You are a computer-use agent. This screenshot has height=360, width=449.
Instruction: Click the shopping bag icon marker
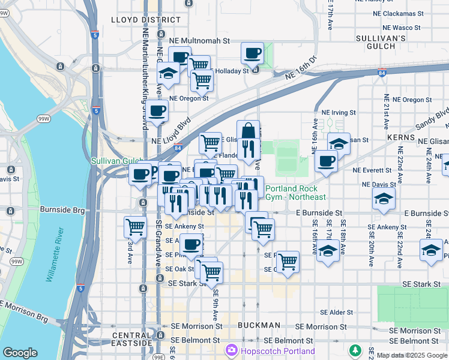coord(249,131)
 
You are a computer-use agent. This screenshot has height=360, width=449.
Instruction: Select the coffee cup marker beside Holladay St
coord(253,54)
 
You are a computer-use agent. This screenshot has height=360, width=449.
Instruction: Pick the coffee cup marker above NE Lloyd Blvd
coord(157,111)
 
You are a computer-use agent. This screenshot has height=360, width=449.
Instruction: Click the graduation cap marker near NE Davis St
coord(384,199)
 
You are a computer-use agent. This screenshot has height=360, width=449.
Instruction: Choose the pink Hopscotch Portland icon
coord(231,350)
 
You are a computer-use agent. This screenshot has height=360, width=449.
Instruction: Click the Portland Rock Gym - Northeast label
coord(295,193)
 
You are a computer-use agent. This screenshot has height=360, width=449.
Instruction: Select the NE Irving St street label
coord(339,112)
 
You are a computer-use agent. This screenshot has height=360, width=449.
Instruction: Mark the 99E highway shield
coord(158,357)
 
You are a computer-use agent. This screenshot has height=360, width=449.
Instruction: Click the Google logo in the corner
coord(20,353)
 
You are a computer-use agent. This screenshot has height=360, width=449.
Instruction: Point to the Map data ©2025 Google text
coord(412,356)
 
